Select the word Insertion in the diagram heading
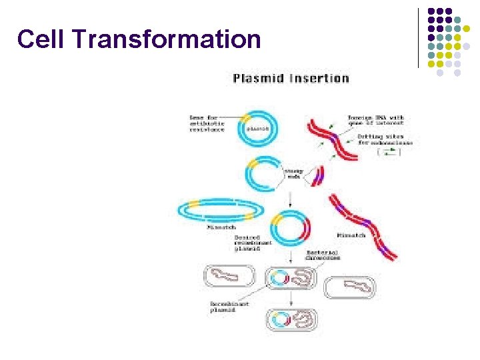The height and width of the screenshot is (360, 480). pyautogui.click(x=319, y=79)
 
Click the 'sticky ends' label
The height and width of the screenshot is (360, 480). pyautogui.click(x=293, y=174)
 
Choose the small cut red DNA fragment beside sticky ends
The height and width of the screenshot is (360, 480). pyautogui.click(x=317, y=175)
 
